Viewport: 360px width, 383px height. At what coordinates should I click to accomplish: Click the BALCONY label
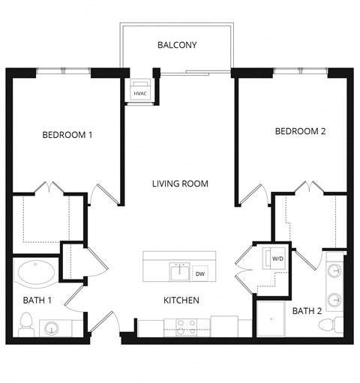(177, 46)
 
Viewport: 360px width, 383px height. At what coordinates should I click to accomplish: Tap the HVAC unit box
(140, 90)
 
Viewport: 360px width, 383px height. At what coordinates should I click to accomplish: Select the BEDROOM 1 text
(67, 135)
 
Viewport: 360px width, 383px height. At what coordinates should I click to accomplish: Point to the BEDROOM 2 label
(300, 131)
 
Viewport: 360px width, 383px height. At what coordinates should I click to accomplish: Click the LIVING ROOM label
(180, 184)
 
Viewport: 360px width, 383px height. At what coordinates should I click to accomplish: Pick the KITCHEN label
(181, 301)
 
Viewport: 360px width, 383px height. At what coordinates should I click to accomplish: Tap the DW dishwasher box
(200, 274)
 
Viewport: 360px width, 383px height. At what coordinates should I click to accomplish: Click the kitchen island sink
(179, 271)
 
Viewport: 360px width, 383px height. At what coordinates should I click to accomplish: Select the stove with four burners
(186, 327)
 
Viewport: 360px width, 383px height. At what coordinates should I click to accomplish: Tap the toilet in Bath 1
(25, 325)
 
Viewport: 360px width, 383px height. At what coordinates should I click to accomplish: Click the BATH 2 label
(307, 310)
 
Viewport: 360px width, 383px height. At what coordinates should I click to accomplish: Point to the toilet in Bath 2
(329, 325)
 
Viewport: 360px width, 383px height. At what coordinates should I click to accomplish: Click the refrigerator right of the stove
(223, 327)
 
